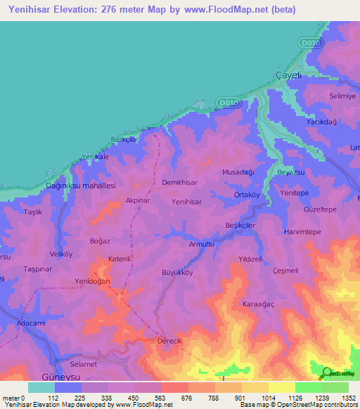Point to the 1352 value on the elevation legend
click(x=347, y=398)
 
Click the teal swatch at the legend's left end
click(x=41, y=387)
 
